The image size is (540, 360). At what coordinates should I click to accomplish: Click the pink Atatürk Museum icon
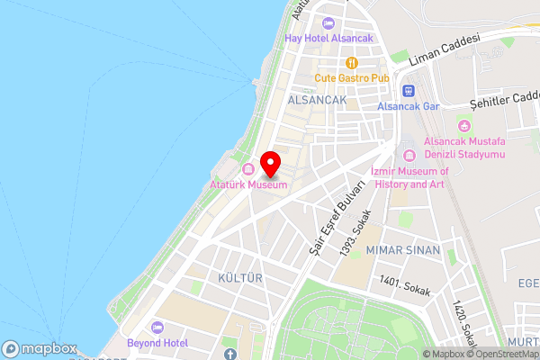click(x=248, y=170)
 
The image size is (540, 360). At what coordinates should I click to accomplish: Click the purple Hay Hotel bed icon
click(x=328, y=24)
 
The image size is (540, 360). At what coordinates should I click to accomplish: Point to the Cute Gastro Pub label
click(x=351, y=78)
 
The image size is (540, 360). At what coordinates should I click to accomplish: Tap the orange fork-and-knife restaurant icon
click(x=352, y=63)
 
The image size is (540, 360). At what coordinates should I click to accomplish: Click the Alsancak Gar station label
click(x=408, y=106)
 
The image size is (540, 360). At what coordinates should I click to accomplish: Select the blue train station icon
click(x=407, y=91)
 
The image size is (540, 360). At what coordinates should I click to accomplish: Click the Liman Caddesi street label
click(x=445, y=50)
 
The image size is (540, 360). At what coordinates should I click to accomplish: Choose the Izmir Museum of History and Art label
click(x=409, y=177)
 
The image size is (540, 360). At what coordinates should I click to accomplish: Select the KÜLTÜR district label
click(x=238, y=278)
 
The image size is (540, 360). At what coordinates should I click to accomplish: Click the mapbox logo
click(x=40, y=348)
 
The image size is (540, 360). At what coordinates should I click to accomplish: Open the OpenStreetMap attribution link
click(x=503, y=354)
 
